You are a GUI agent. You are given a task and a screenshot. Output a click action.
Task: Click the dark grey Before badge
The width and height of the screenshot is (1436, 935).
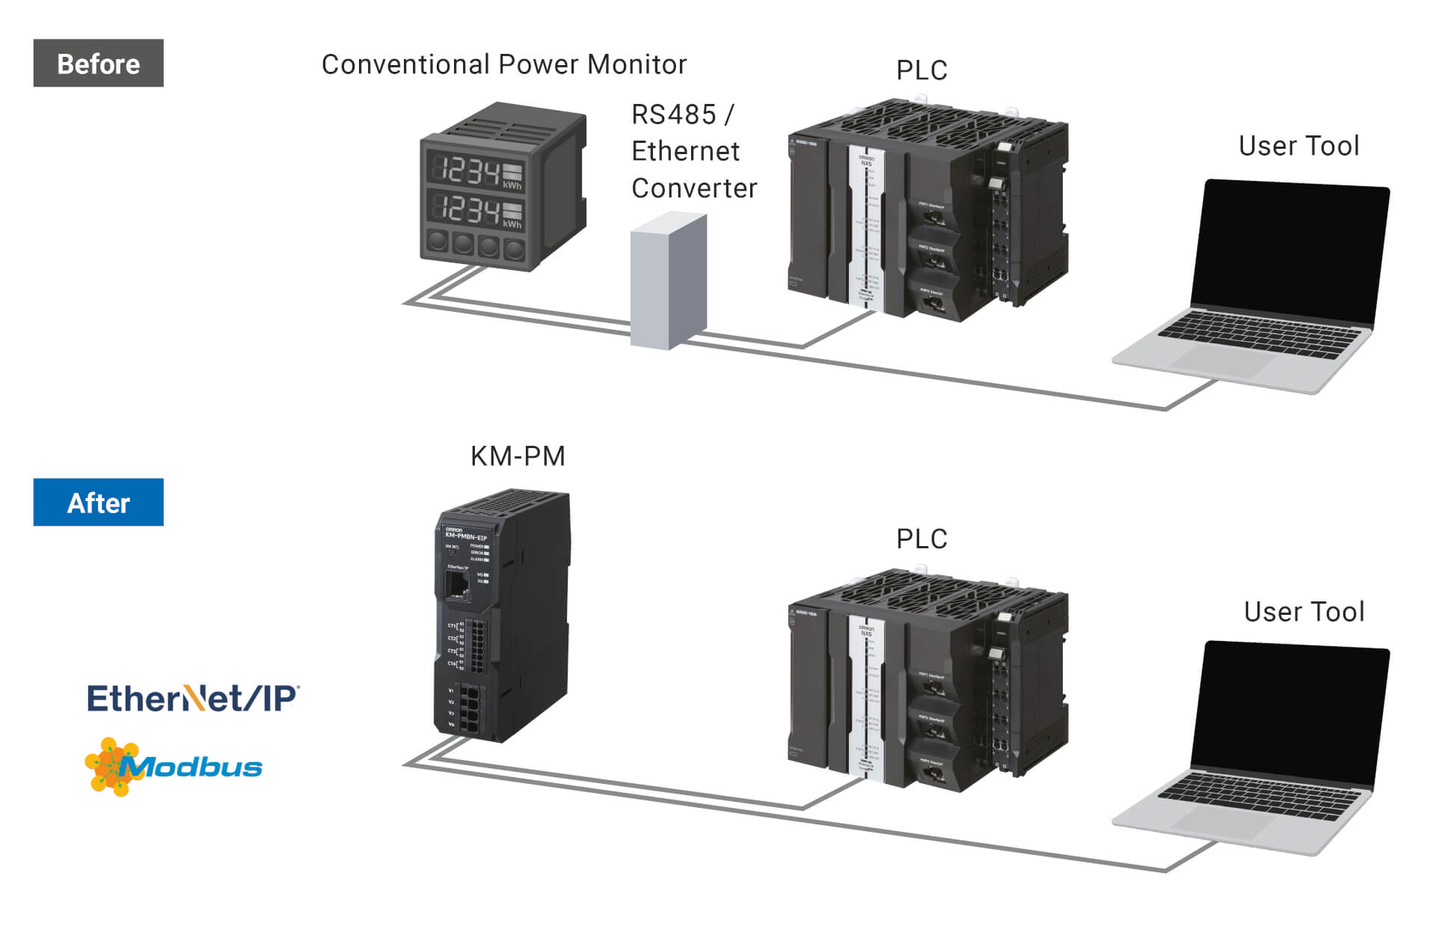98,64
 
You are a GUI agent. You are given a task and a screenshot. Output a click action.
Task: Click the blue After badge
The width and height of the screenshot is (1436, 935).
98,503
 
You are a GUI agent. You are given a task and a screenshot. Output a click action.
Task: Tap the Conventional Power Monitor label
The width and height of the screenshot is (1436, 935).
503,64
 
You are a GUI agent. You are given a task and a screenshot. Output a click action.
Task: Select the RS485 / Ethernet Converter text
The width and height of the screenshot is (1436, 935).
693,151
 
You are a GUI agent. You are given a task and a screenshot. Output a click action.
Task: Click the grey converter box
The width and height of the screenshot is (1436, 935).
668,281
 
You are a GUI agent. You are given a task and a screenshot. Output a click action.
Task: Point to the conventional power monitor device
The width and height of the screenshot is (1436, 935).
502,187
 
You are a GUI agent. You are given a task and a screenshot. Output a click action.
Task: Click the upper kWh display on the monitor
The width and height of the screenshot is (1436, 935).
475,171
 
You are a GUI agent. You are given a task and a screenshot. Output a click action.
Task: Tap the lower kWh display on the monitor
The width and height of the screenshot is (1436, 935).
475,209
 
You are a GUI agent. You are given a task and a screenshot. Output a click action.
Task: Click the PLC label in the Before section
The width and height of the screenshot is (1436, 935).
921,70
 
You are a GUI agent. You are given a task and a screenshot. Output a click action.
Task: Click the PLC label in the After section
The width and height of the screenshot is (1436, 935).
921,539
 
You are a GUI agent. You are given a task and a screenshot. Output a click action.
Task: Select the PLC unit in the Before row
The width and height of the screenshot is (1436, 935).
927,209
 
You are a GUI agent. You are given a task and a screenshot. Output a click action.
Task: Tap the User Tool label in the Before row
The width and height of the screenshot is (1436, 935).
1298,146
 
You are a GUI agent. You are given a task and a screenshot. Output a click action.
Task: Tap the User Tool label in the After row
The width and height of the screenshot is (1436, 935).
1304,612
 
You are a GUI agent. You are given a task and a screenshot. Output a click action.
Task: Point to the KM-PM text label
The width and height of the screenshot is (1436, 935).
518,456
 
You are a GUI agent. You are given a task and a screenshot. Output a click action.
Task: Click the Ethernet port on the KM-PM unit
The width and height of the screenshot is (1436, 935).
457,586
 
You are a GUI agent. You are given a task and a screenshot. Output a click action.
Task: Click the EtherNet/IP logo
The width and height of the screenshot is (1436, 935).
193,698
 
